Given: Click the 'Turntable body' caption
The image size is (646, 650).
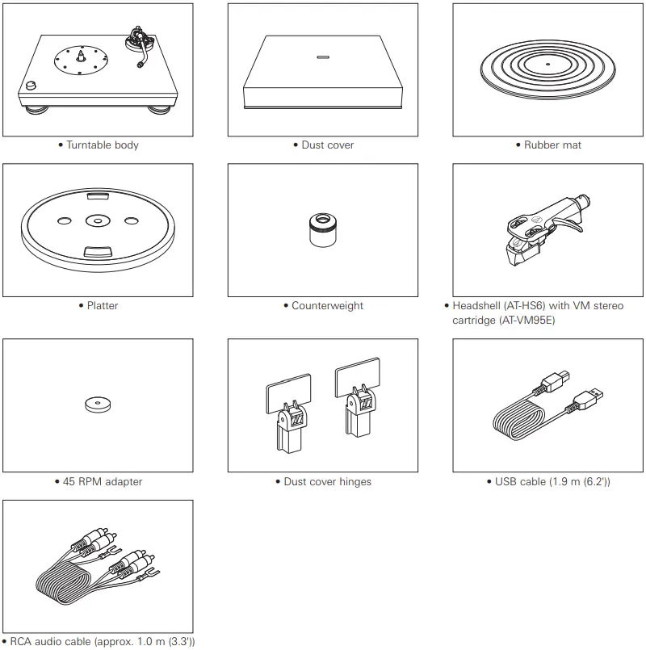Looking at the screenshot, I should point(102,145).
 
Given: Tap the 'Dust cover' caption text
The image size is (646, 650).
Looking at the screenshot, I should point(327,145).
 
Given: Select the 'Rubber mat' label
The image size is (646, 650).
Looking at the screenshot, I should point(552,145).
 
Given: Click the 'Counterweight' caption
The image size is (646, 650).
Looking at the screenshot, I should point(327,306).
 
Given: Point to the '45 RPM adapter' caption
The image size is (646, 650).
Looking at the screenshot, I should point(102,482).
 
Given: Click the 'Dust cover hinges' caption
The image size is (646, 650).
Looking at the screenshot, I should point(327,482).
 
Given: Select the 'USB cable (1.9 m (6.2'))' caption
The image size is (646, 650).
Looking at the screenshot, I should point(552,482).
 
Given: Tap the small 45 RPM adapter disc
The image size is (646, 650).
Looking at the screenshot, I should point(97,405).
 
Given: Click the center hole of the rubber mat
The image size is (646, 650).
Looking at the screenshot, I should point(547,63).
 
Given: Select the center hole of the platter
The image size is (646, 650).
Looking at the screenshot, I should point(96,220).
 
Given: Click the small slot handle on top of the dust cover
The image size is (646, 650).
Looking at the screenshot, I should point(322,58).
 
